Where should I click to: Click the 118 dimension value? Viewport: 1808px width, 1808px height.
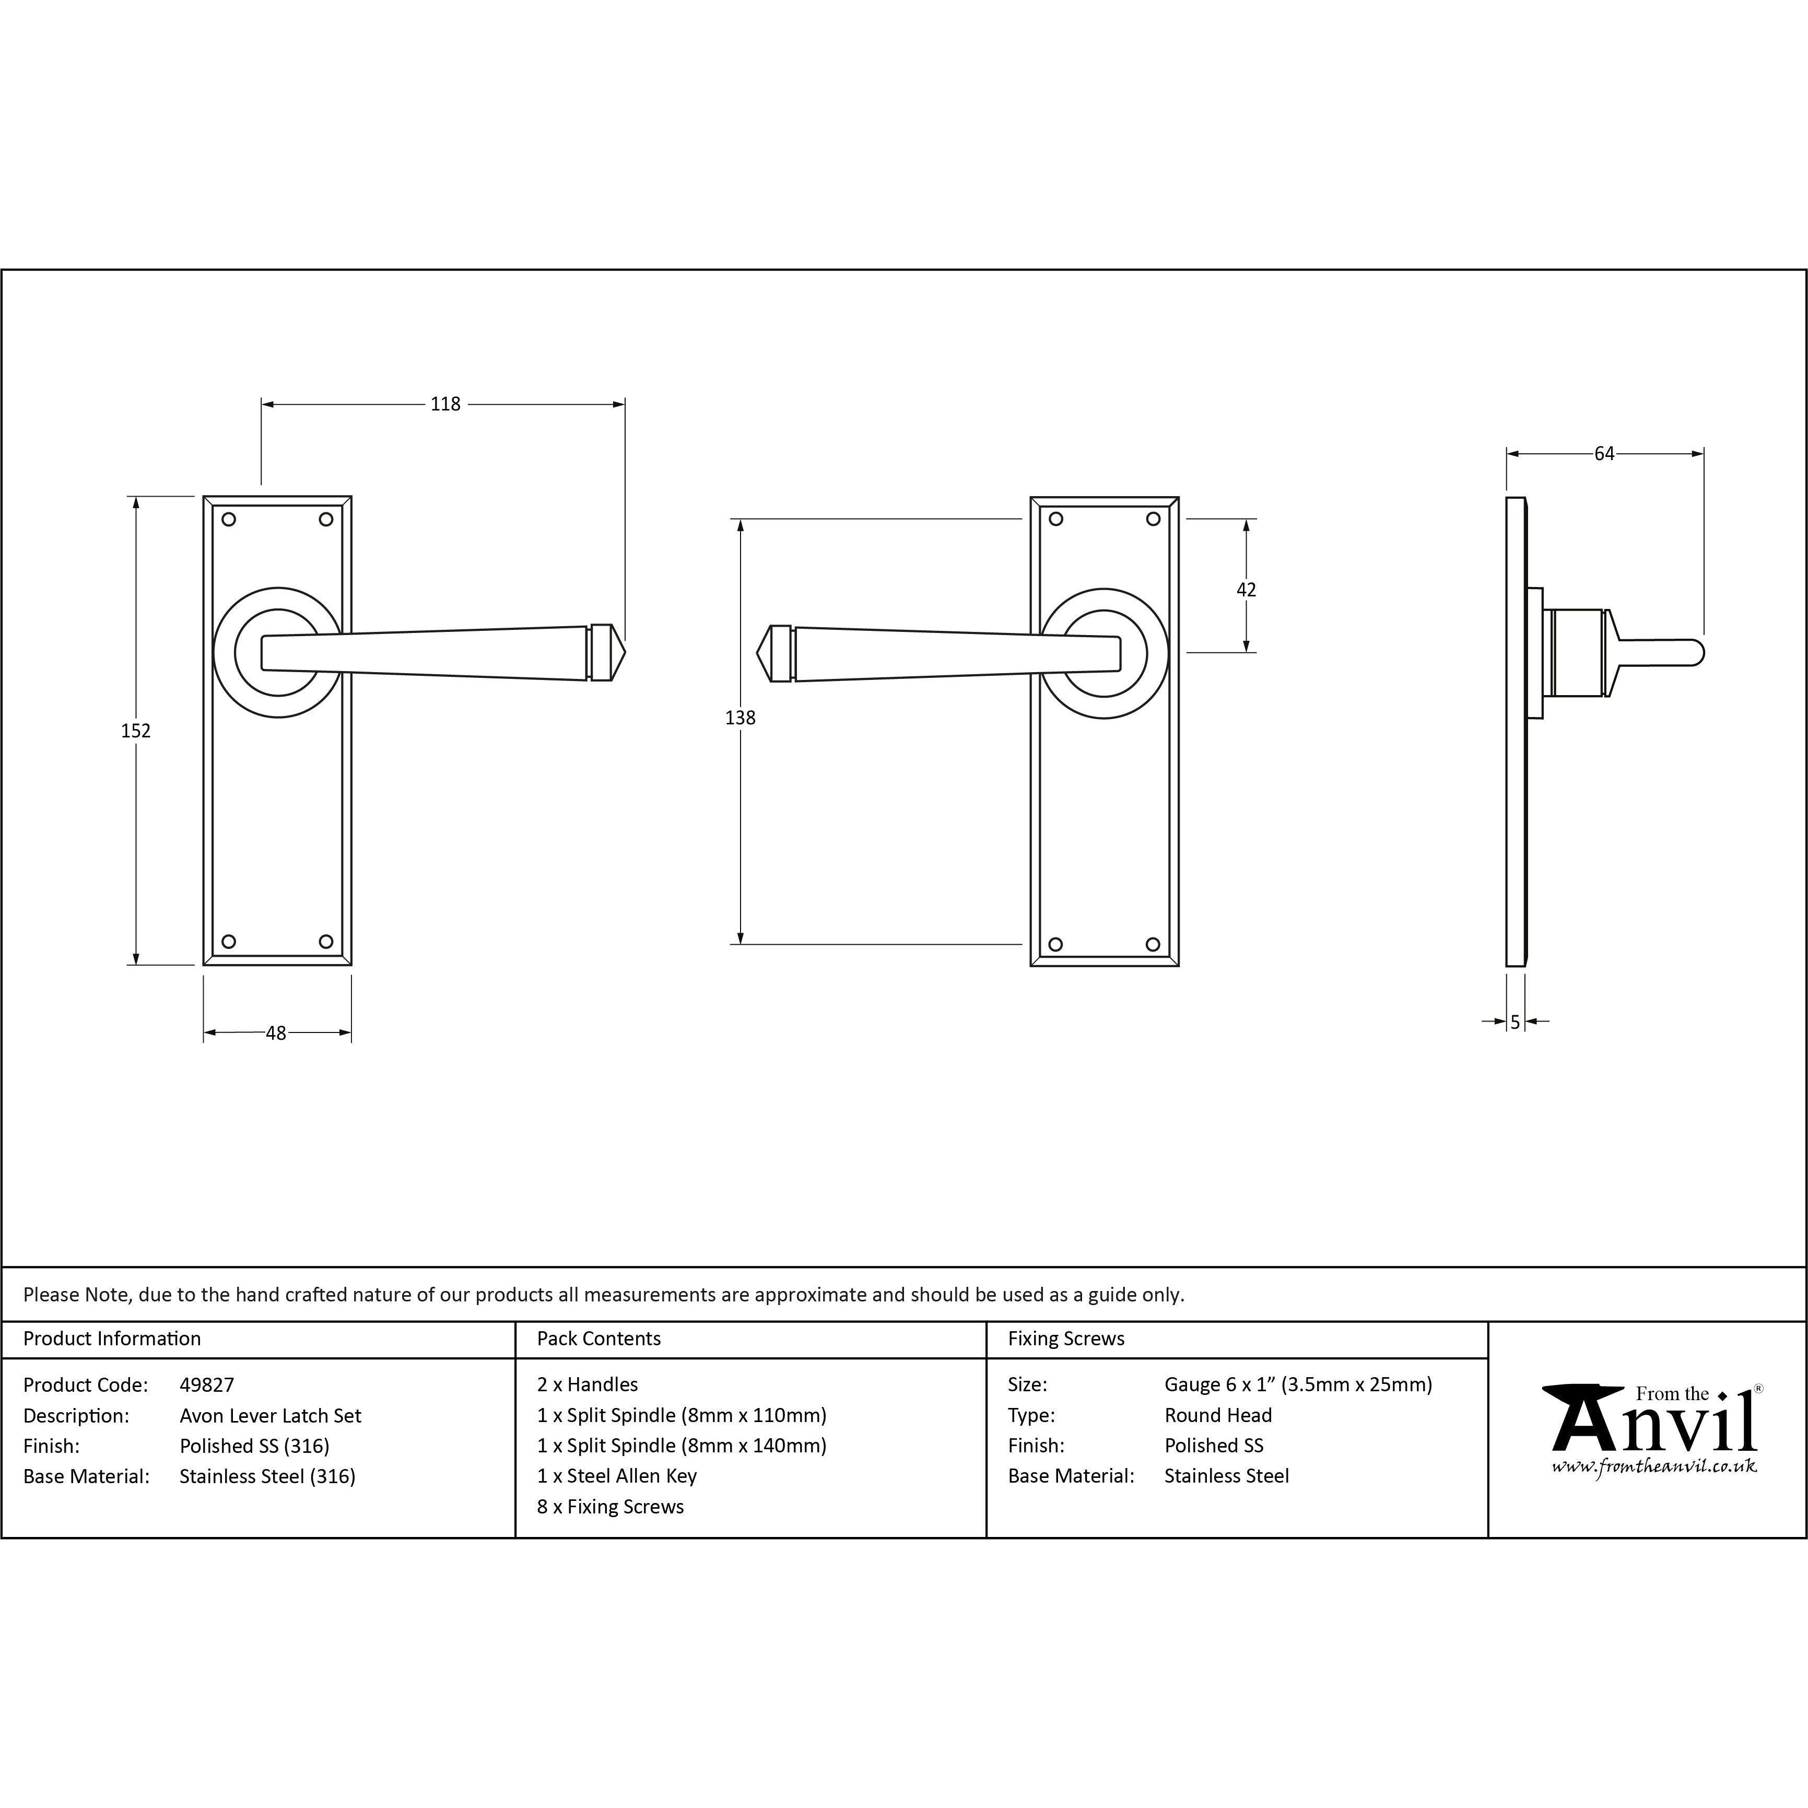445,404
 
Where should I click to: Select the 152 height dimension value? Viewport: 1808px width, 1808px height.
136,731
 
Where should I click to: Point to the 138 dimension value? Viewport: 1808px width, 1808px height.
740,718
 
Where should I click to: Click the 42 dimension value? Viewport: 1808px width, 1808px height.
1247,590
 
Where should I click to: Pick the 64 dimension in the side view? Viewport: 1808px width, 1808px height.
1604,454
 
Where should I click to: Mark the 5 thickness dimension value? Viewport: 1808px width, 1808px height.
1515,1023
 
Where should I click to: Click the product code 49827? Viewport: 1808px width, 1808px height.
207,1385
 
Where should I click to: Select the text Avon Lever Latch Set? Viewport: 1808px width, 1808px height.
271,1416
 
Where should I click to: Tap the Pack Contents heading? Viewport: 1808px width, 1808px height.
599,1339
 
